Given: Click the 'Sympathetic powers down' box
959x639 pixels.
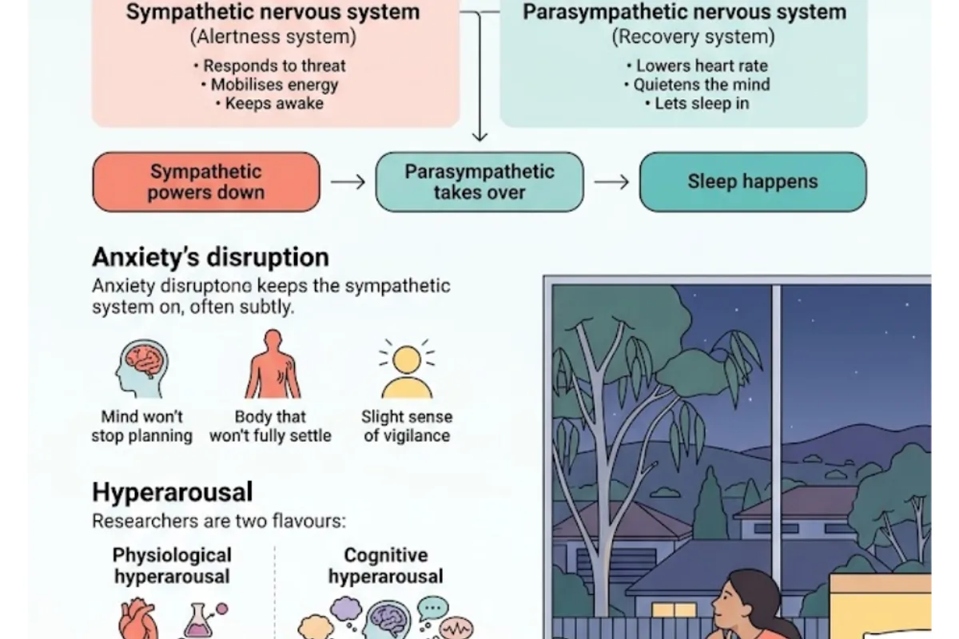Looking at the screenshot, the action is tap(206, 182).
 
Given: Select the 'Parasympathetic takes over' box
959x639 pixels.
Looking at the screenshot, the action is tap(479, 182).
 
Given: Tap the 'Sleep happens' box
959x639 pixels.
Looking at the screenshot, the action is tap(753, 182).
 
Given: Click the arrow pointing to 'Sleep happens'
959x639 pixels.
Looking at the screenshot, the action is tap(611, 182).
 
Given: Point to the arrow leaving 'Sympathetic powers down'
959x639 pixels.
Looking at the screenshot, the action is tap(348, 182).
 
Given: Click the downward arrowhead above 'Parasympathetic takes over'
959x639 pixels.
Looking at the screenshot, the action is tap(479, 136).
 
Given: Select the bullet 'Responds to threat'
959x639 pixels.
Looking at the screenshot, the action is tap(270, 66).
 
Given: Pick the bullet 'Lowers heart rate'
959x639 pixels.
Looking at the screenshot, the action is tap(698, 66).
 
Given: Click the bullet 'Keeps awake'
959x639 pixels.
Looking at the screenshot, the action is tap(270, 104).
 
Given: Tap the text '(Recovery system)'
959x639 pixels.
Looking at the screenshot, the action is tap(693, 37).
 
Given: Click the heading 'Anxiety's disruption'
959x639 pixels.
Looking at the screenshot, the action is tap(211, 257).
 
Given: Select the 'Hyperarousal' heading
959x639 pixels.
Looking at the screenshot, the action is tap(173, 492).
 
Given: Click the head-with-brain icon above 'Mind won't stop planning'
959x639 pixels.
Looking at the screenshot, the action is tap(142, 369).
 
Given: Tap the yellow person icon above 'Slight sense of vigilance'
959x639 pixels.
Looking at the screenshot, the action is tap(407, 369).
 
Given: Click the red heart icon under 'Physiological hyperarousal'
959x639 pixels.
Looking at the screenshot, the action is tap(137, 619).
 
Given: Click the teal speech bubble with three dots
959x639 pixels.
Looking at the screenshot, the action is tap(433, 608).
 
